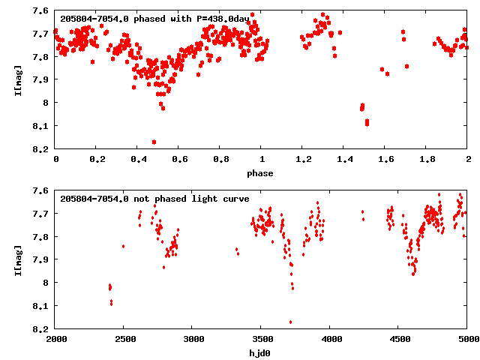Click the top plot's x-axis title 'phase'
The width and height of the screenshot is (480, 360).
(x=261, y=173)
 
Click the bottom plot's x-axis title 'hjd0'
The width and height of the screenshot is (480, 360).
(x=261, y=353)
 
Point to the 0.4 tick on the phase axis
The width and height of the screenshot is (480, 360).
(x=138, y=160)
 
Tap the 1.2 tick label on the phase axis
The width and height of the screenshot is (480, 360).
(x=303, y=160)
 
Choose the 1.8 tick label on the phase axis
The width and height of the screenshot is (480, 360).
(x=427, y=160)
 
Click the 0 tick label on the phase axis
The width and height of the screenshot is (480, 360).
(x=55, y=160)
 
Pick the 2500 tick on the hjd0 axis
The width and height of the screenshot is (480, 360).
(x=124, y=340)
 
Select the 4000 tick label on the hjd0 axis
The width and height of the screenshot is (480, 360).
(x=331, y=340)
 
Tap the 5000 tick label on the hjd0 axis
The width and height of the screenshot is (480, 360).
(x=466, y=340)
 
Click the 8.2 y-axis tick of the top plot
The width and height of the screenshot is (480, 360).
(x=42, y=148)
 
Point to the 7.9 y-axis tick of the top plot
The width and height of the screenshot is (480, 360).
(x=42, y=79)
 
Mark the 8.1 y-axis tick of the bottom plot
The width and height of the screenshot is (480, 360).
(x=42, y=306)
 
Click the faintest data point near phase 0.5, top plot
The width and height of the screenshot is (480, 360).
(x=154, y=142)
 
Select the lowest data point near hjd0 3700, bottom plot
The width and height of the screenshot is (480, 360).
(x=290, y=322)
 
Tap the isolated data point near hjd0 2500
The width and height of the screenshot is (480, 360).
(x=123, y=246)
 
